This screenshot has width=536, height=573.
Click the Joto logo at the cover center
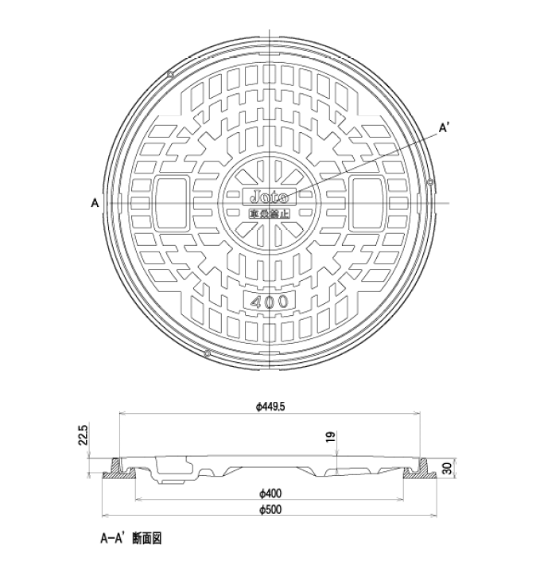(x=270, y=196)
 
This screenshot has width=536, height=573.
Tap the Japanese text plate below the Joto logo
(x=270, y=212)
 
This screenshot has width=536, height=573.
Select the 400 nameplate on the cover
(x=270, y=301)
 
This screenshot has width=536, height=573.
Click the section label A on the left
(x=95, y=203)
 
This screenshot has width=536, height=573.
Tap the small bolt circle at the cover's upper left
(x=171, y=75)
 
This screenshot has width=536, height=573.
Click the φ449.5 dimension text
(x=270, y=407)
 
